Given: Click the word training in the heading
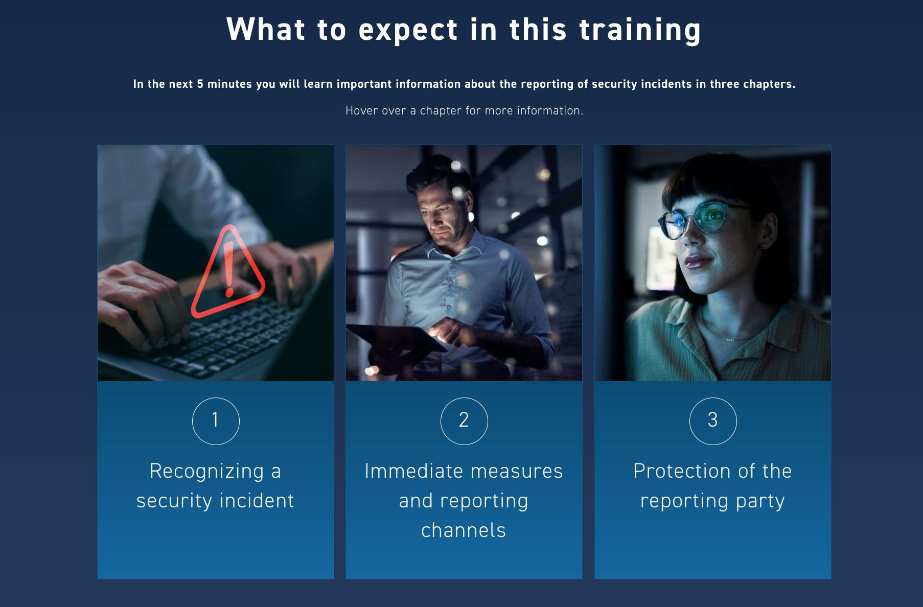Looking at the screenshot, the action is pos(640,30).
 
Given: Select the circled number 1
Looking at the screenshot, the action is pos(216,421).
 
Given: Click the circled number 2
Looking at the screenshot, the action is pos(464,421).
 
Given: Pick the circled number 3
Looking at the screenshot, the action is pos(713,421).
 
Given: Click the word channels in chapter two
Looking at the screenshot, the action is pos(464,530).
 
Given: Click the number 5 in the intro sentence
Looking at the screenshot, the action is pos(200,84).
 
